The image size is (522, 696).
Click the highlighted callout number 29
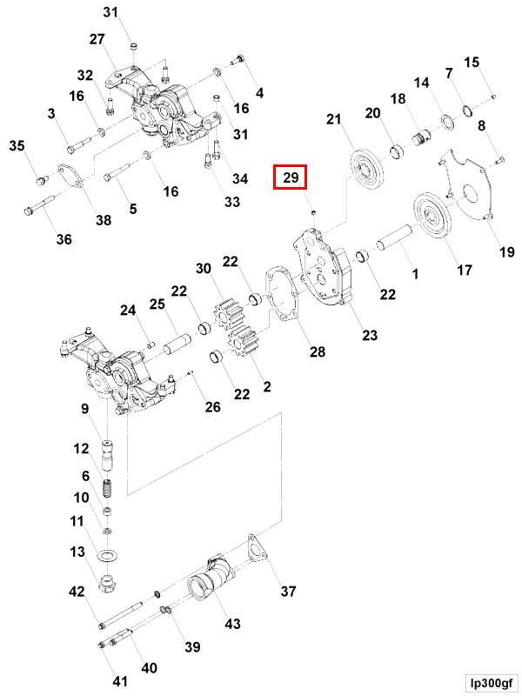pos(291,179)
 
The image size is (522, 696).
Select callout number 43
pos(233,623)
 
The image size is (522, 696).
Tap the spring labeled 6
pos(109,489)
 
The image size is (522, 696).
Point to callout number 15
pos(472,62)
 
